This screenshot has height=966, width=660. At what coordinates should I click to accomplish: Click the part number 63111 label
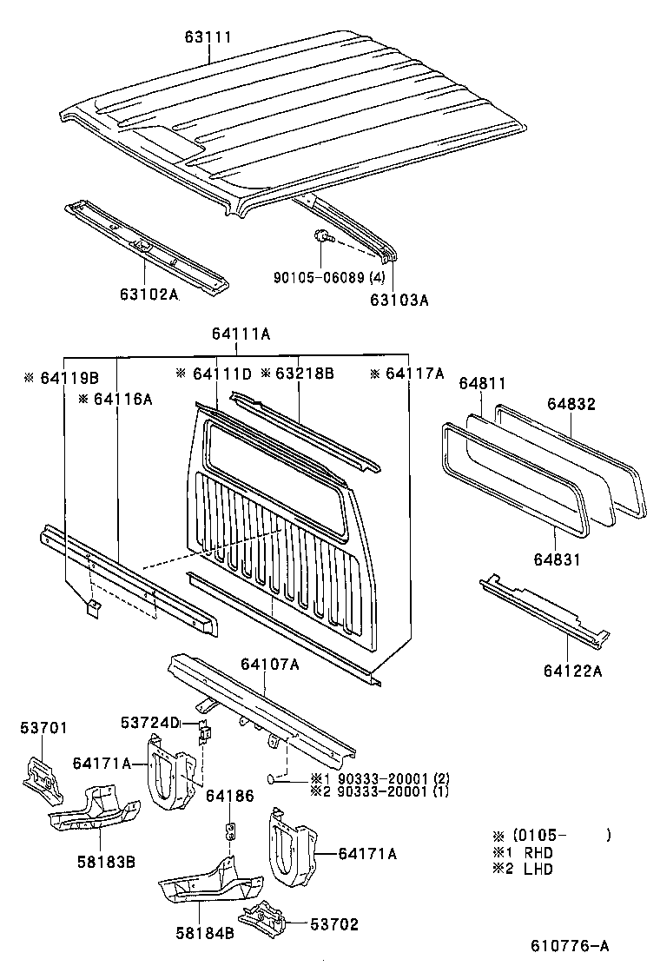(208, 39)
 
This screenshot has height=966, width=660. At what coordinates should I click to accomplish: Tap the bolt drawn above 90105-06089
(320, 235)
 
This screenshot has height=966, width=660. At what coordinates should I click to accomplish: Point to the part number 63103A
(399, 300)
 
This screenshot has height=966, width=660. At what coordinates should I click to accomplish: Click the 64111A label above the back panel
(241, 334)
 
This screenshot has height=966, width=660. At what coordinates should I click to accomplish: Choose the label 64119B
(62, 378)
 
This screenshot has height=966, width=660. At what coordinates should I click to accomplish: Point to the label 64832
(571, 403)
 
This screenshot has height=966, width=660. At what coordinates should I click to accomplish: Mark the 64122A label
(573, 670)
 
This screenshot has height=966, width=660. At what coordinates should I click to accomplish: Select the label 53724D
(149, 723)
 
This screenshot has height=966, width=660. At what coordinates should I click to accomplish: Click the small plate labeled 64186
(232, 830)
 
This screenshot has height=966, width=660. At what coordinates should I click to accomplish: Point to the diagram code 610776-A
(571, 946)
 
